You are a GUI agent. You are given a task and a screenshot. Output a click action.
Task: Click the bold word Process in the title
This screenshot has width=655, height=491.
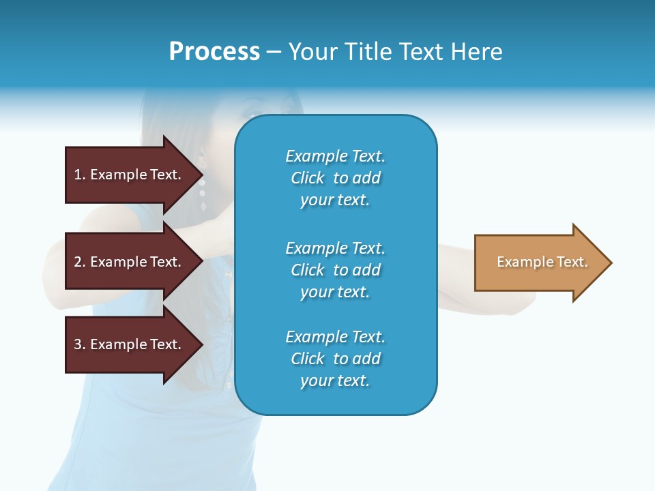(214, 52)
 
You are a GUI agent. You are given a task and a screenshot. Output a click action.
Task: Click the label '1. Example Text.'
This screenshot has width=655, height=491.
(128, 175)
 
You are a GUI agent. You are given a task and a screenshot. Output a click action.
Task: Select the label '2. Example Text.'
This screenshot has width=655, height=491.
(128, 262)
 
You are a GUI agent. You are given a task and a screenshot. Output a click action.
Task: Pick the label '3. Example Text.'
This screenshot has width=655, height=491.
(128, 344)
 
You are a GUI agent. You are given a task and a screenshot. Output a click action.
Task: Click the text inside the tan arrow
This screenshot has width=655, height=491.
(542, 262)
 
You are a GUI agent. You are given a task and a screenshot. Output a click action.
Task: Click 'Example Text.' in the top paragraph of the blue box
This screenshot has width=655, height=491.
(335, 156)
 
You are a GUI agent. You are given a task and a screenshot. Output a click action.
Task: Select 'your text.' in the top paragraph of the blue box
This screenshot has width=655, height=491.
(335, 200)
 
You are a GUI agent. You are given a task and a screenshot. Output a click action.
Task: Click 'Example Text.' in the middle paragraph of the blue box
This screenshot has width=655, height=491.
(335, 248)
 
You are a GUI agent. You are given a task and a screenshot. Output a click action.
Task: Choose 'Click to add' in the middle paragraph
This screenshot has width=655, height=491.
(335, 270)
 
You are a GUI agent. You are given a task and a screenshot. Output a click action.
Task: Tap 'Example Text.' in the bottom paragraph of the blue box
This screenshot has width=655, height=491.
(335, 337)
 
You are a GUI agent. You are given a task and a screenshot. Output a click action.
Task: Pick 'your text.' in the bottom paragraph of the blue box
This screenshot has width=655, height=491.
(335, 381)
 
